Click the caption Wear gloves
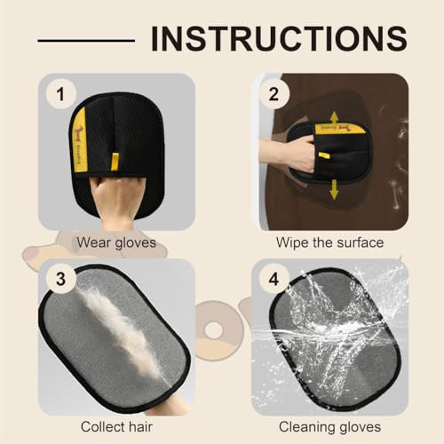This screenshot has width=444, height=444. click(116, 242)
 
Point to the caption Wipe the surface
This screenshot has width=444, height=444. click(329, 242)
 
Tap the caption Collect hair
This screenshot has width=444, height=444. click(116, 425)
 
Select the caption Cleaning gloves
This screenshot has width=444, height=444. click(329, 425)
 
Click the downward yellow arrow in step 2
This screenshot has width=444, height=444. click(335, 188)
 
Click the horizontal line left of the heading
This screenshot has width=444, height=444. click(86, 40)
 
